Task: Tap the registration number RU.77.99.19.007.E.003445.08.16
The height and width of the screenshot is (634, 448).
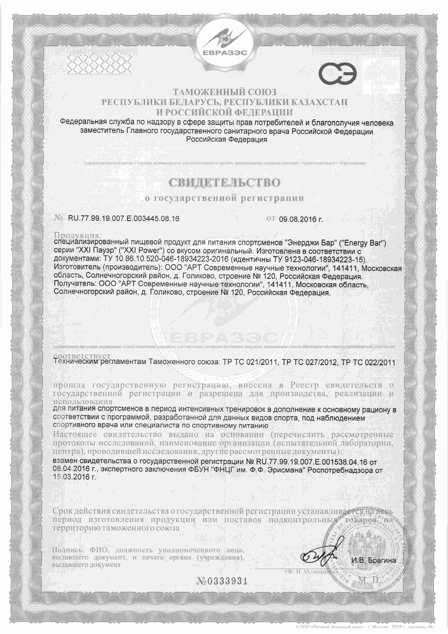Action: click(124, 219)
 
